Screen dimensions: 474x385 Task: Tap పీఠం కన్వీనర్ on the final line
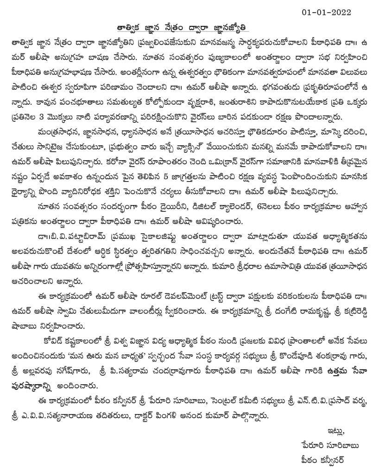coord(323,461)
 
